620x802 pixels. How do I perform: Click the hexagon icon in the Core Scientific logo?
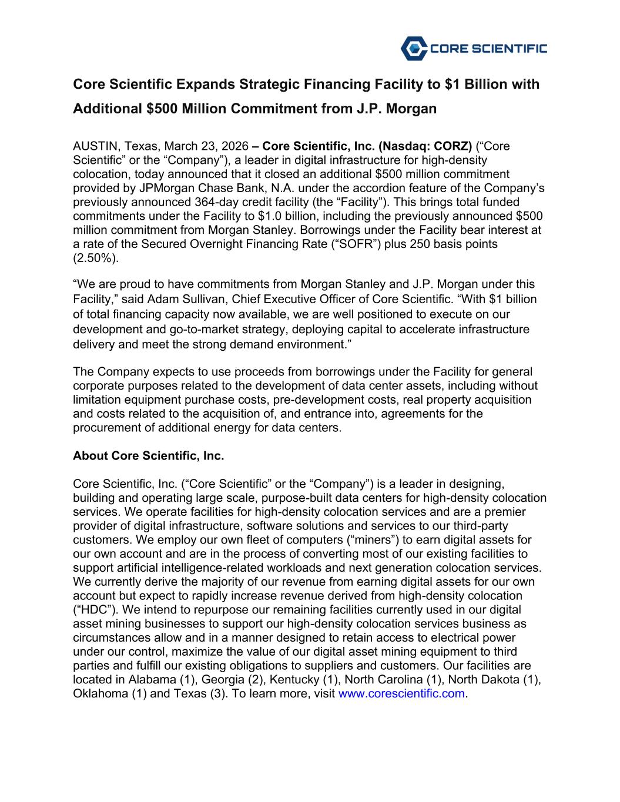413,48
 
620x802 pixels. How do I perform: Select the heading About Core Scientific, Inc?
149,456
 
